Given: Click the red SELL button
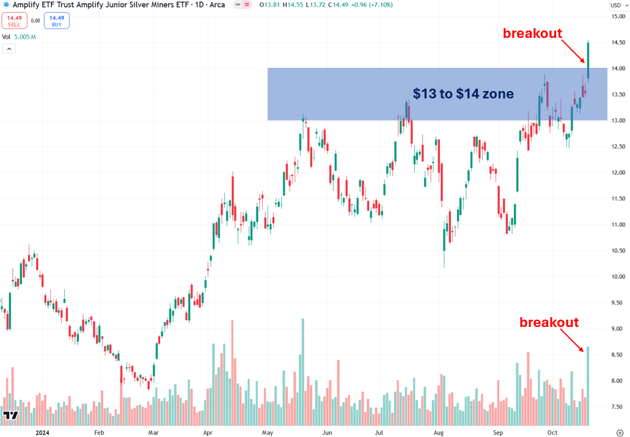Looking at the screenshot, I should (x=13, y=21).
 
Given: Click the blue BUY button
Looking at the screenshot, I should (x=56, y=21).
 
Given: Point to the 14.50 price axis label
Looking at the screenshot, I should (x=616, y=42).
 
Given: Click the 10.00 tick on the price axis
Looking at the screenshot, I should (x=616, y=277).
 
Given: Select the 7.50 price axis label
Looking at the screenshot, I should (x=616, y=407).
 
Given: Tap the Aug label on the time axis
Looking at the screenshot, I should (x=438, y=432).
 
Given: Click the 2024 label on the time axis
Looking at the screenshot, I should (x=42, y=432).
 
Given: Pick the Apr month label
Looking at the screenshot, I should (x=207, y=432).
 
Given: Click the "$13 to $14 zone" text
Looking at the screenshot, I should (x=463, y=94).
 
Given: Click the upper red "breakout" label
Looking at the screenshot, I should (x=532, y=34).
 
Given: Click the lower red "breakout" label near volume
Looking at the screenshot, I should (x=549, y=322).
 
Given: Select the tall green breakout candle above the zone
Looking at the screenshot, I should (x=588, y=61).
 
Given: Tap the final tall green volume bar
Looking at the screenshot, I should (x=588, y=385).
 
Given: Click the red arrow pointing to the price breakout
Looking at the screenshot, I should (x=573, y=50).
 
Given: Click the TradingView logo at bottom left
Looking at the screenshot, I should (x=10, y=417).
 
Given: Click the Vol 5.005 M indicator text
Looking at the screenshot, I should (x=19, y=37).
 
